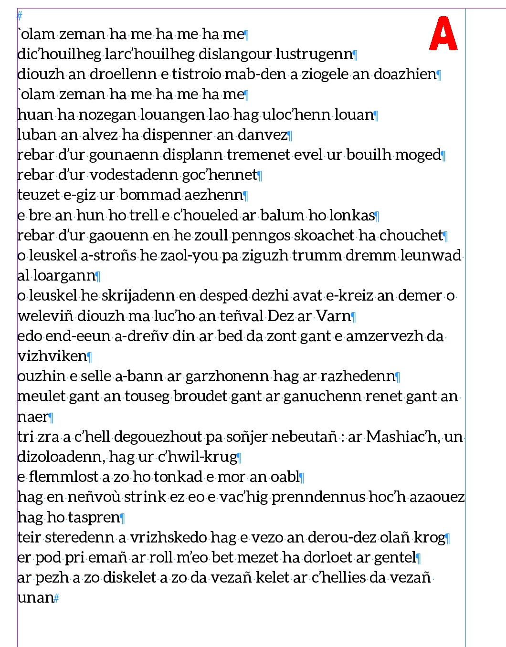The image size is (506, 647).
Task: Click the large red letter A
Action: [443, 34]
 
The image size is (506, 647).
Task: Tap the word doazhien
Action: [405, 74]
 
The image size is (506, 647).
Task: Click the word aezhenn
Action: [213, 195]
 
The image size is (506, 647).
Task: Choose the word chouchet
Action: [411, 236]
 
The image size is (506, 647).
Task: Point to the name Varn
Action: [333, 316]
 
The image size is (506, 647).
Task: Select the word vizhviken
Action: [53, 356]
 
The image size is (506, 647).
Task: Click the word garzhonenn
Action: [227, 376]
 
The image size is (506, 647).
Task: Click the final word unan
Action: [35, 598]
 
